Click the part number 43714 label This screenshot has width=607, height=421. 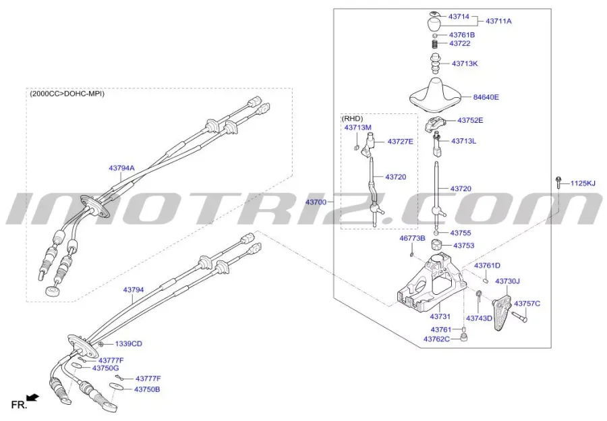(459, 17)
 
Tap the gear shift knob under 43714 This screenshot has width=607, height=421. (435, 24)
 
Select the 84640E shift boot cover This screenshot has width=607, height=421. (436, 94)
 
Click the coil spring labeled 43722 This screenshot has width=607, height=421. (435, 44)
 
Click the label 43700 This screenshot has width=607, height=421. (316, 202)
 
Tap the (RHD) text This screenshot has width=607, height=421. (352, 119)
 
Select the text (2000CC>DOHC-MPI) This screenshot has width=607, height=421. (67, 93)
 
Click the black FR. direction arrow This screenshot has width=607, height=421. (33, 397)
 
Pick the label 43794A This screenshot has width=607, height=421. (121, 168)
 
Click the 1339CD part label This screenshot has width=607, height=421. (129, 343)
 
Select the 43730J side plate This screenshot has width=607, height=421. (502, 312)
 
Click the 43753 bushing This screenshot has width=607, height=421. (438, 245)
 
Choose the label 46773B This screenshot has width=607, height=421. (412, 238)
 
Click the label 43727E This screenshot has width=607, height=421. (400, 142)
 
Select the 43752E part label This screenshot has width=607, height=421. (470, 120)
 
